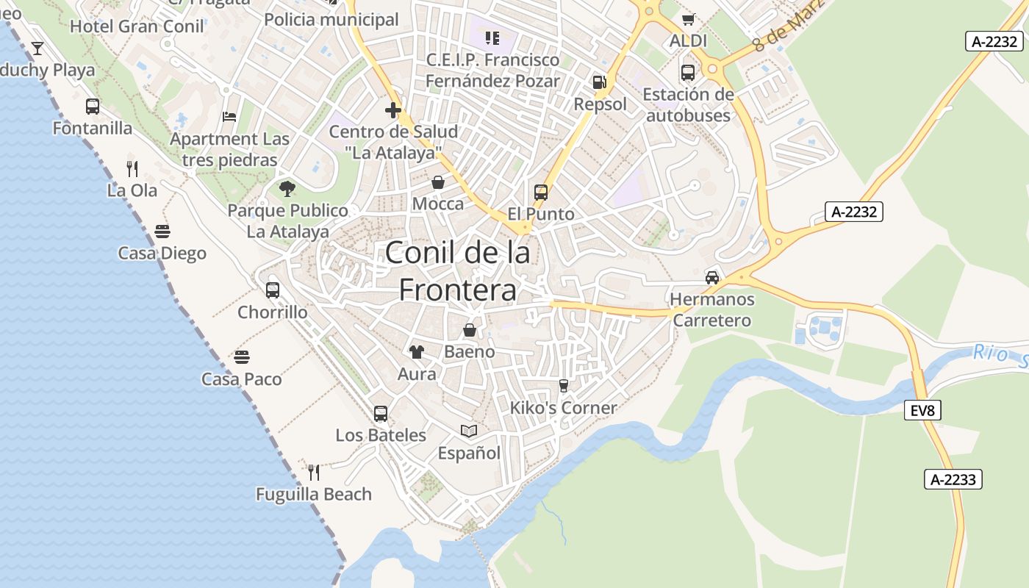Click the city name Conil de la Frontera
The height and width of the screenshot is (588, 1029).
pyautogui.click(x=457, y=271)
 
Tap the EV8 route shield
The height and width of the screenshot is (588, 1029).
pyautogui.click(x=922, y=410)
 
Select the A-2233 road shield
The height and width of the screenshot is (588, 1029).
pyautogui.click(x=953, y=480)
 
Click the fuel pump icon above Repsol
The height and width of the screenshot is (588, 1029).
pyautogui.click(x=600, y=83)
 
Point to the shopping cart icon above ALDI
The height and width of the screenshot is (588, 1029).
pyautogui.click(x=688, y=20)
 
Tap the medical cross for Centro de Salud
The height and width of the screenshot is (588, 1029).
pyautogui.click(x=393, y=111)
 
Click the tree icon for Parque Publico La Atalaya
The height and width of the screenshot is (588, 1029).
pyautogui.click(x=287, y=189)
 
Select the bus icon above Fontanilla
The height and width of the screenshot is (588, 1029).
pyautogui.click(x=93, y=107)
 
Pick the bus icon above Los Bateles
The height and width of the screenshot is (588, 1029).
pyautogui.click(x=381, y=414)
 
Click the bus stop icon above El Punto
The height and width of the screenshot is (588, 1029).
pyautogui.click(x=541, y=193)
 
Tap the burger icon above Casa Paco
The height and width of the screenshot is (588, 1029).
pyautogui.click(x=242, y=358)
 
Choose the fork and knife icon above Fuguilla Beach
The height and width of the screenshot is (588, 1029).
pyautogui.click(x=314, y=472)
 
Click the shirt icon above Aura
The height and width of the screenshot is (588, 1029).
pyautogui.click(x=417, y=352)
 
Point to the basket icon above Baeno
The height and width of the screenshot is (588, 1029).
pyautogui.click(x=470, y=330)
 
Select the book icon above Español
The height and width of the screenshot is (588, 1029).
pyautogui.click(x=469, y=431)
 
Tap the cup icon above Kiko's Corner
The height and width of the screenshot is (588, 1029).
pyautogui.click(x=564, y=386)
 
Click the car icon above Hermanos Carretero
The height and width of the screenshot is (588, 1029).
pyautogui.click(x=711, y=278)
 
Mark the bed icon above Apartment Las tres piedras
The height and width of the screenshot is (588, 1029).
pyautogui.click(x=229, y=117)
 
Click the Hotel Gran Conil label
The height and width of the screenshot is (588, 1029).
pyautogui.click(x=137, y=27)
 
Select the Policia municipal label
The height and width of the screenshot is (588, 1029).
pyautogui.click(x=331, y=20)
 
